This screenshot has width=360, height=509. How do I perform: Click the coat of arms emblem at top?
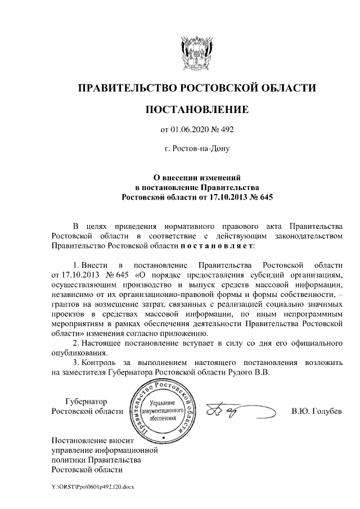click(x=196, y=51)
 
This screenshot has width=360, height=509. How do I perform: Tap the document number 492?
click(x=224, y=130)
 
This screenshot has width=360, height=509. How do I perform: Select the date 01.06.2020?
click(x=190, y=130)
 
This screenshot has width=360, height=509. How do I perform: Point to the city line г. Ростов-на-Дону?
click(x=196, y=149)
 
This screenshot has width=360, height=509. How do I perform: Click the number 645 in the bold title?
click(x=262, y=197)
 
